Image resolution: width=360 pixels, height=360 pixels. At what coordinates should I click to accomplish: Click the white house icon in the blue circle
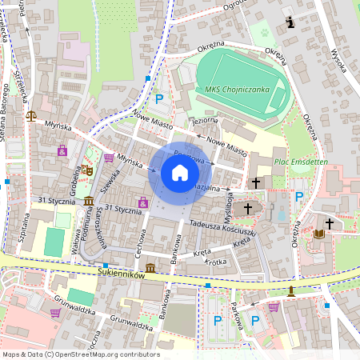[180, 172]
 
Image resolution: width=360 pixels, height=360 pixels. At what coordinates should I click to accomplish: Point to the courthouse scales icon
[31, 114]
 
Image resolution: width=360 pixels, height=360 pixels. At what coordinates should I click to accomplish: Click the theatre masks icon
[87, 170]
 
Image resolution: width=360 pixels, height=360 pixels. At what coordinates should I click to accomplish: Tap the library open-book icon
[319, 233]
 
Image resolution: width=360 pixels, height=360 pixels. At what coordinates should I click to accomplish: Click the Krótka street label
[216, 262]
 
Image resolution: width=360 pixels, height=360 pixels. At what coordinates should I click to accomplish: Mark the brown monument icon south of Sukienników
[291, 290]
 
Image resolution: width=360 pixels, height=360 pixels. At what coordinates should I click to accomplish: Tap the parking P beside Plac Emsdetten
[300, 196]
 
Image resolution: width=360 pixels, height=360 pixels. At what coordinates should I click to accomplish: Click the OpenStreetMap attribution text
[81, 354]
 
